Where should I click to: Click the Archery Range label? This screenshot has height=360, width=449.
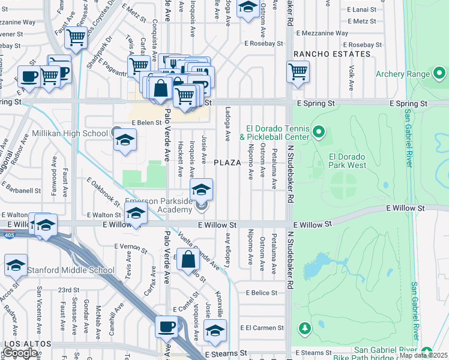402,74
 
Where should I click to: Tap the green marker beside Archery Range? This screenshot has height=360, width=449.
439,74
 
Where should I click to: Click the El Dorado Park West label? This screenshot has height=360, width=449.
348,160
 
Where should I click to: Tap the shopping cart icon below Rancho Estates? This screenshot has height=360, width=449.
298,71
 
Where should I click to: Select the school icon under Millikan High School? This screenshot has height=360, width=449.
125,142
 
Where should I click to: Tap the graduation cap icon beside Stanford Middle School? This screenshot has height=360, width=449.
16,265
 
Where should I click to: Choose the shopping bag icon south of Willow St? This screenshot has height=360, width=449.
188,260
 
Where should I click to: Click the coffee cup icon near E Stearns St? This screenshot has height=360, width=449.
166,327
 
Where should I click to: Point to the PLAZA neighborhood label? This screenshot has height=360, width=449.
228,163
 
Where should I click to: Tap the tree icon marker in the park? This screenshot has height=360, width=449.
305,328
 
